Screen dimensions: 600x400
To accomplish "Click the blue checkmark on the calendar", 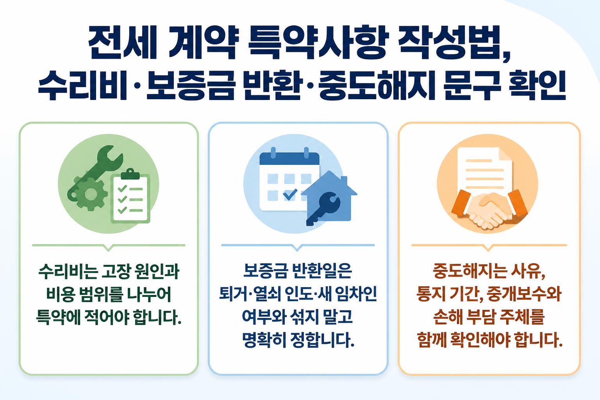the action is (x=290, y=194).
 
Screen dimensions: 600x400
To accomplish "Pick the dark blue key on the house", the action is (x=323, y=208).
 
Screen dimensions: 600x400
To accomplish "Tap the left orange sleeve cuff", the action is (x=461, y=203).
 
